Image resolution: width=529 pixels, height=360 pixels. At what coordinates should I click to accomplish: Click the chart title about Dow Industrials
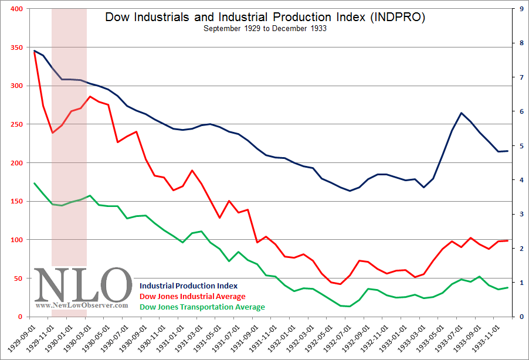coord(265,17)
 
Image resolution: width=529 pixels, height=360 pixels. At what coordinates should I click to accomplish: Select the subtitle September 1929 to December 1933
coord(265,28)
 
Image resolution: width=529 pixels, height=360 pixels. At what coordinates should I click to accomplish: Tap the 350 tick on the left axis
coord(15,47)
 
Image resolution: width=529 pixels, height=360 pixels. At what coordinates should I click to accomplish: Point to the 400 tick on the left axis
coord(15,9)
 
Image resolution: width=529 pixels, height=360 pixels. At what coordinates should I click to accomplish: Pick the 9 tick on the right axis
coord(514,9)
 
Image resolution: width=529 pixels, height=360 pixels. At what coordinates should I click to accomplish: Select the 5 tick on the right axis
coord(514,146)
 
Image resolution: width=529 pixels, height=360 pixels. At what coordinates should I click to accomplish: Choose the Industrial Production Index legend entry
coord(188,286)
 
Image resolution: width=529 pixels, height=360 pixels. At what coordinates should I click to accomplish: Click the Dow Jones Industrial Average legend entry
coord(192,296)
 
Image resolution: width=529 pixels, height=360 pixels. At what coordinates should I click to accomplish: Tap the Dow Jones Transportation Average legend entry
coord(202,307)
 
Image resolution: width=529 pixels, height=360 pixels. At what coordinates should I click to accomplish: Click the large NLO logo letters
coord(83,286)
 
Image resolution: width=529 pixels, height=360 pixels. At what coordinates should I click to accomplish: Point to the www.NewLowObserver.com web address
coord(82,305)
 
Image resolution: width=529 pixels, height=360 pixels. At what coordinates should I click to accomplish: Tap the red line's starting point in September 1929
coord(35,52)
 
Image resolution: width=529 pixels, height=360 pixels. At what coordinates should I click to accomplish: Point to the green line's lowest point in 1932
coord(350,306)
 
